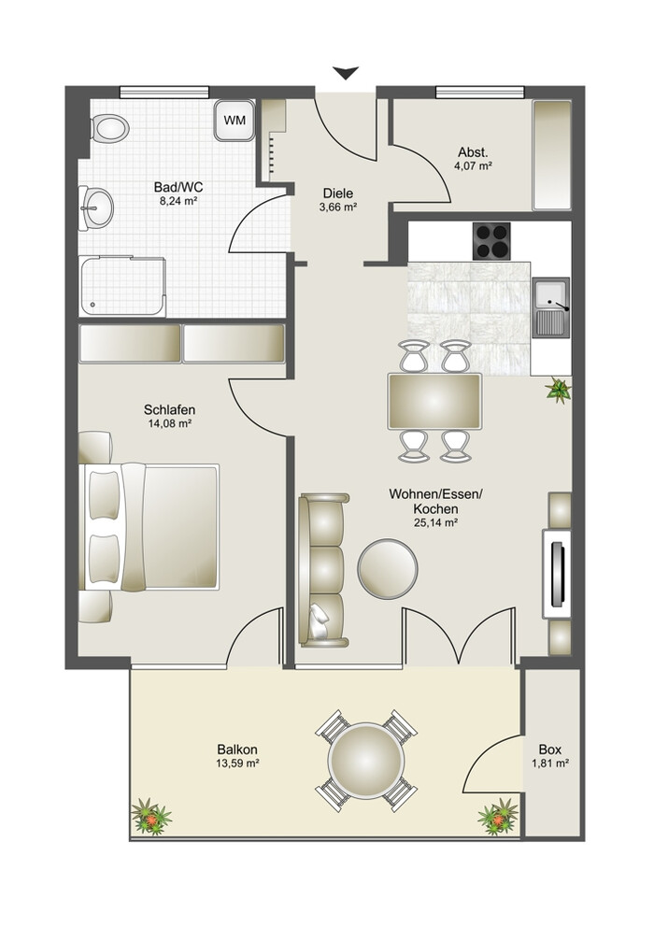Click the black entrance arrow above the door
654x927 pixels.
(346, 73)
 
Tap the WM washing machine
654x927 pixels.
(235, 120)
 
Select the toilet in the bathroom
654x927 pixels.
(110, 128)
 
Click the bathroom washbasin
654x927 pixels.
(96, 208)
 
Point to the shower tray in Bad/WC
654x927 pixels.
(122, 286)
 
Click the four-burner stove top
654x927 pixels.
(491, 240)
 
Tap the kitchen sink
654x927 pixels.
(551, 307)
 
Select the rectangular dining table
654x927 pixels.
(434, 402)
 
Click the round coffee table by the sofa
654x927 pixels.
(388, 568)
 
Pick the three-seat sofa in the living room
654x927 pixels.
(323, 570)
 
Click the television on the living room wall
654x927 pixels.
(557, 574)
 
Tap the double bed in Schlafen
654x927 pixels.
(149, 527)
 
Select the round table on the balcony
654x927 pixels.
(366, 761)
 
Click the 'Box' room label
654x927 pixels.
(550, 749)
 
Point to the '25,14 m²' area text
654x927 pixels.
(435, 522)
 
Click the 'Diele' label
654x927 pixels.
(338, 193)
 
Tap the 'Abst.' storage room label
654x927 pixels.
(473, 152)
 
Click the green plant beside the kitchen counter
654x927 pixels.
(558, 391)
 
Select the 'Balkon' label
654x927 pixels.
(237, 749)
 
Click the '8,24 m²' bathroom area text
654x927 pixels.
(178, 200)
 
